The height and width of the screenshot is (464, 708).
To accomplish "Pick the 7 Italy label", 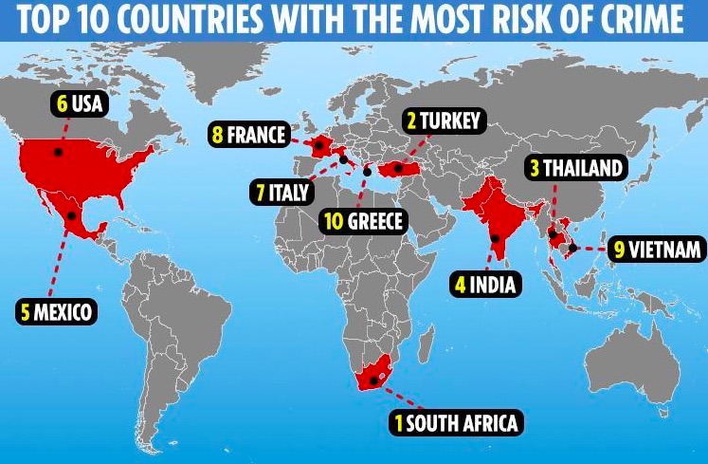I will pos(280,193).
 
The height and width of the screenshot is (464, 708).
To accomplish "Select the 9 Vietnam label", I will pos(656,249).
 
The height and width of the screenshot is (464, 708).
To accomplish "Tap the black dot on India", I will pos(495,238).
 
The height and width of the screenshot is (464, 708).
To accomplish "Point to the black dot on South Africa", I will pos(376,380).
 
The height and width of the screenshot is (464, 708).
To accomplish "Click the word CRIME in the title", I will pos(642,19).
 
